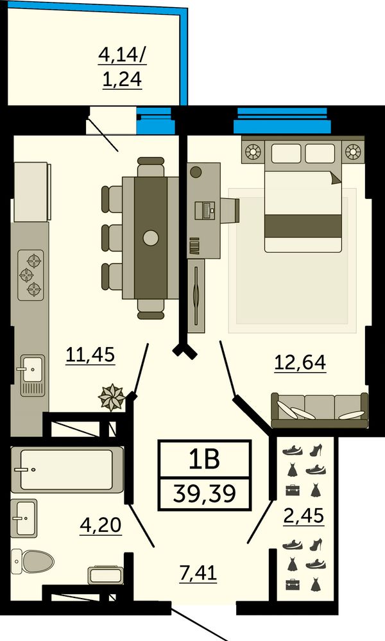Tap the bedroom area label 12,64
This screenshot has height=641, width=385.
point(300,362)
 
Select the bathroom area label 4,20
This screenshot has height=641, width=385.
point(101,524)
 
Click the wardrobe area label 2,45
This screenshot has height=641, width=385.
point(304,515)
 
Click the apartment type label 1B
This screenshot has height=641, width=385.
point(204,459)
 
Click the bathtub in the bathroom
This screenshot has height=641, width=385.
point(67,469)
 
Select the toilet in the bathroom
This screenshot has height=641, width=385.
point(32,561)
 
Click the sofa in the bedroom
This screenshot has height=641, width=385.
point(320,410)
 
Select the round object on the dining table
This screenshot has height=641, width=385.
point(151,237)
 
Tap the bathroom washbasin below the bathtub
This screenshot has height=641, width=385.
point(24,518)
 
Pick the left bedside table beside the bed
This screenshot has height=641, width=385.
point(253,152)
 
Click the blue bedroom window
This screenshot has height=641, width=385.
point(282,121)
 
